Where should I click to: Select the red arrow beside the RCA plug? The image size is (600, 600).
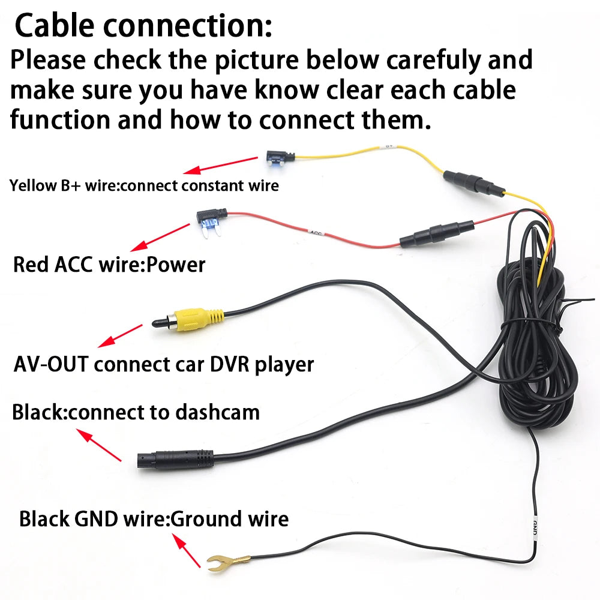(x=120, y=336)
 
